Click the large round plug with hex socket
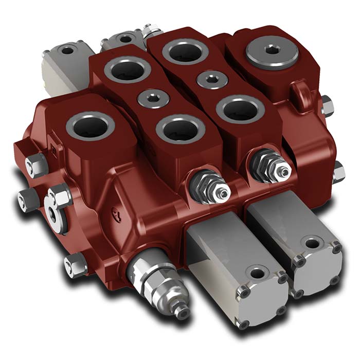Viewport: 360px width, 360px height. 273,52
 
